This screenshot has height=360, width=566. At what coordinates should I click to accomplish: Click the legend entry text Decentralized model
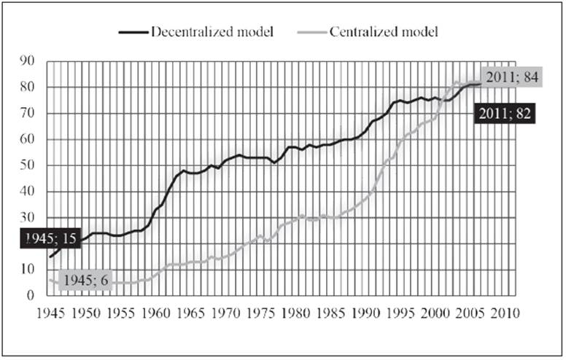point(212,32)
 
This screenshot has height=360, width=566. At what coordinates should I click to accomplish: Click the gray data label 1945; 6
point(85,280)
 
